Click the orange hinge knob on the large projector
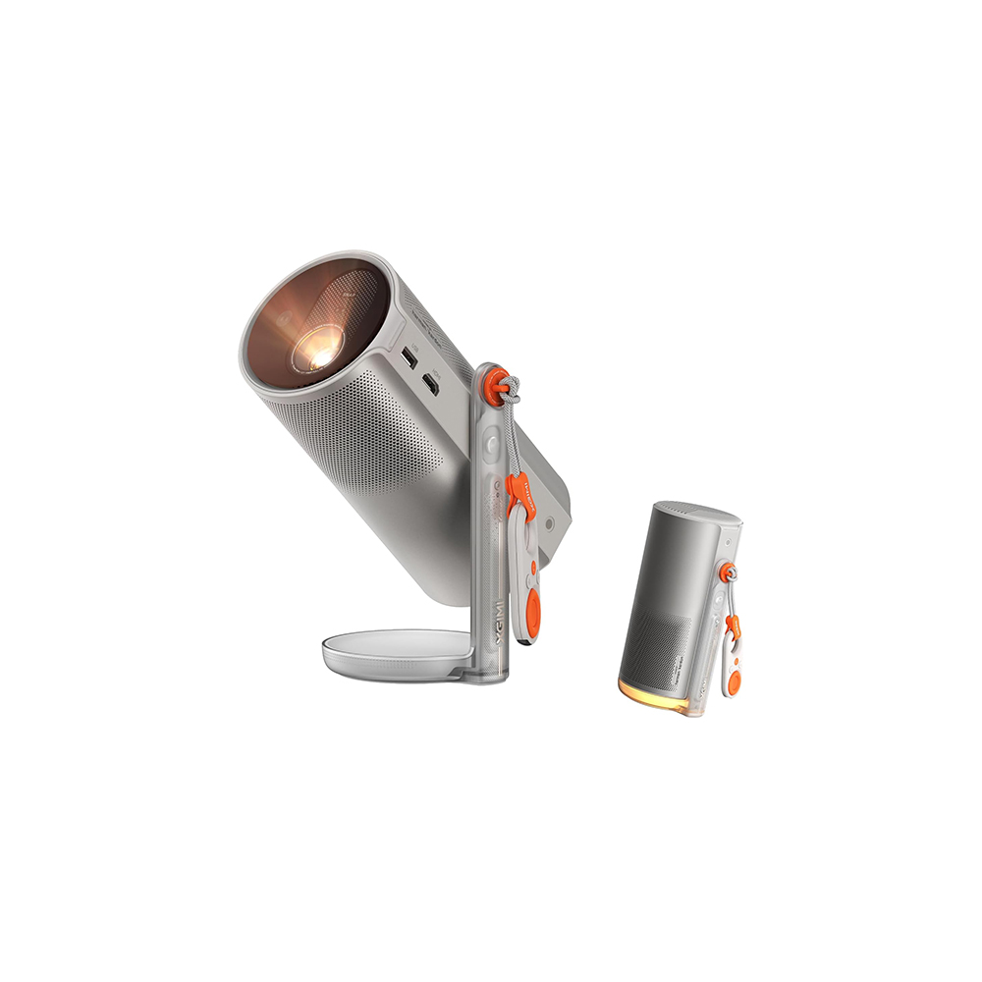coord(500,380)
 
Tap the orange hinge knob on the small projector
coord(728,572)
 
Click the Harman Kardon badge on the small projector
coord(682,679)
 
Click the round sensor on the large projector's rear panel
coord(549,523)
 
